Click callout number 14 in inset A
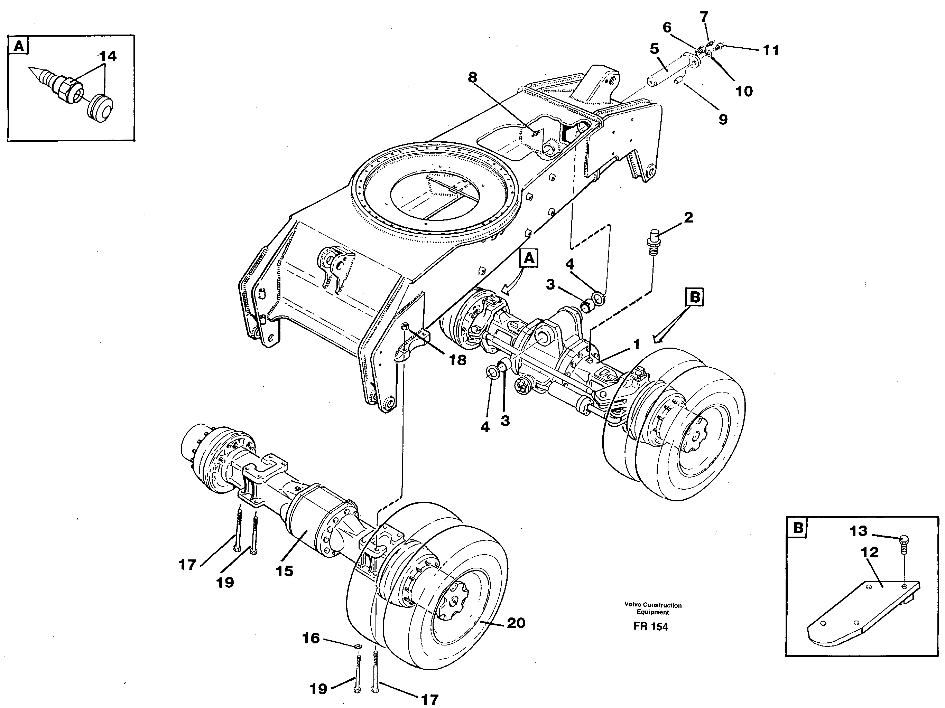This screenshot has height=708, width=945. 107,56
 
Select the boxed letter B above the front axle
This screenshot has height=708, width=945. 695,297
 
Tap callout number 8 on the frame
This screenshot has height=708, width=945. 472,77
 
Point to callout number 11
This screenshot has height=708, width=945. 771,50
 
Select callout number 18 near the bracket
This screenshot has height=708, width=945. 457,360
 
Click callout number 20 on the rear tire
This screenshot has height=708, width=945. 515,623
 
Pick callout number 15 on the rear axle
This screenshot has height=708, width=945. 284,570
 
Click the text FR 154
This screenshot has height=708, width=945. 651,626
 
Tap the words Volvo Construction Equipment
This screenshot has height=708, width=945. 653,608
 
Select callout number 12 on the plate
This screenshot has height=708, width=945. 869,552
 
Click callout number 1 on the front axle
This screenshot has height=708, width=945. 636,344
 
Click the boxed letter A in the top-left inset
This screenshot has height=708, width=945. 19,46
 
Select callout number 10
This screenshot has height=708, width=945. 744,91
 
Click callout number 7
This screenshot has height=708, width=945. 704,17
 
